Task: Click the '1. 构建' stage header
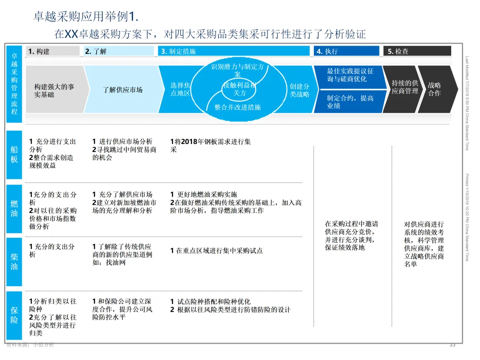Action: [x=52, y=51]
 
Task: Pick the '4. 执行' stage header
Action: [x=346, y=51]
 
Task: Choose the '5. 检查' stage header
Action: [x=417, y=51]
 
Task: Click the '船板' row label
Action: [x=14, y=154]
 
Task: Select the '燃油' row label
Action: [x=14, y=208]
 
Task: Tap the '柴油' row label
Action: [x=14, y=261]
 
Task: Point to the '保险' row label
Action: [x=14, y=315]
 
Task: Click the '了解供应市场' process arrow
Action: [x=123, y=90]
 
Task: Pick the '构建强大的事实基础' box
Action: [x=54, y=90]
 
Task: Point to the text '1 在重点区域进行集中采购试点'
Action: [x=216, y=251]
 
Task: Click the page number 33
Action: [x=452, y=345]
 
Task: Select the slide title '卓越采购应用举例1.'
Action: [x=86, y=17]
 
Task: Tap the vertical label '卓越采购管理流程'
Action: [x=14, y=84]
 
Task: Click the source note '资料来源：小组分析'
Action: [x=30, y=345]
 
